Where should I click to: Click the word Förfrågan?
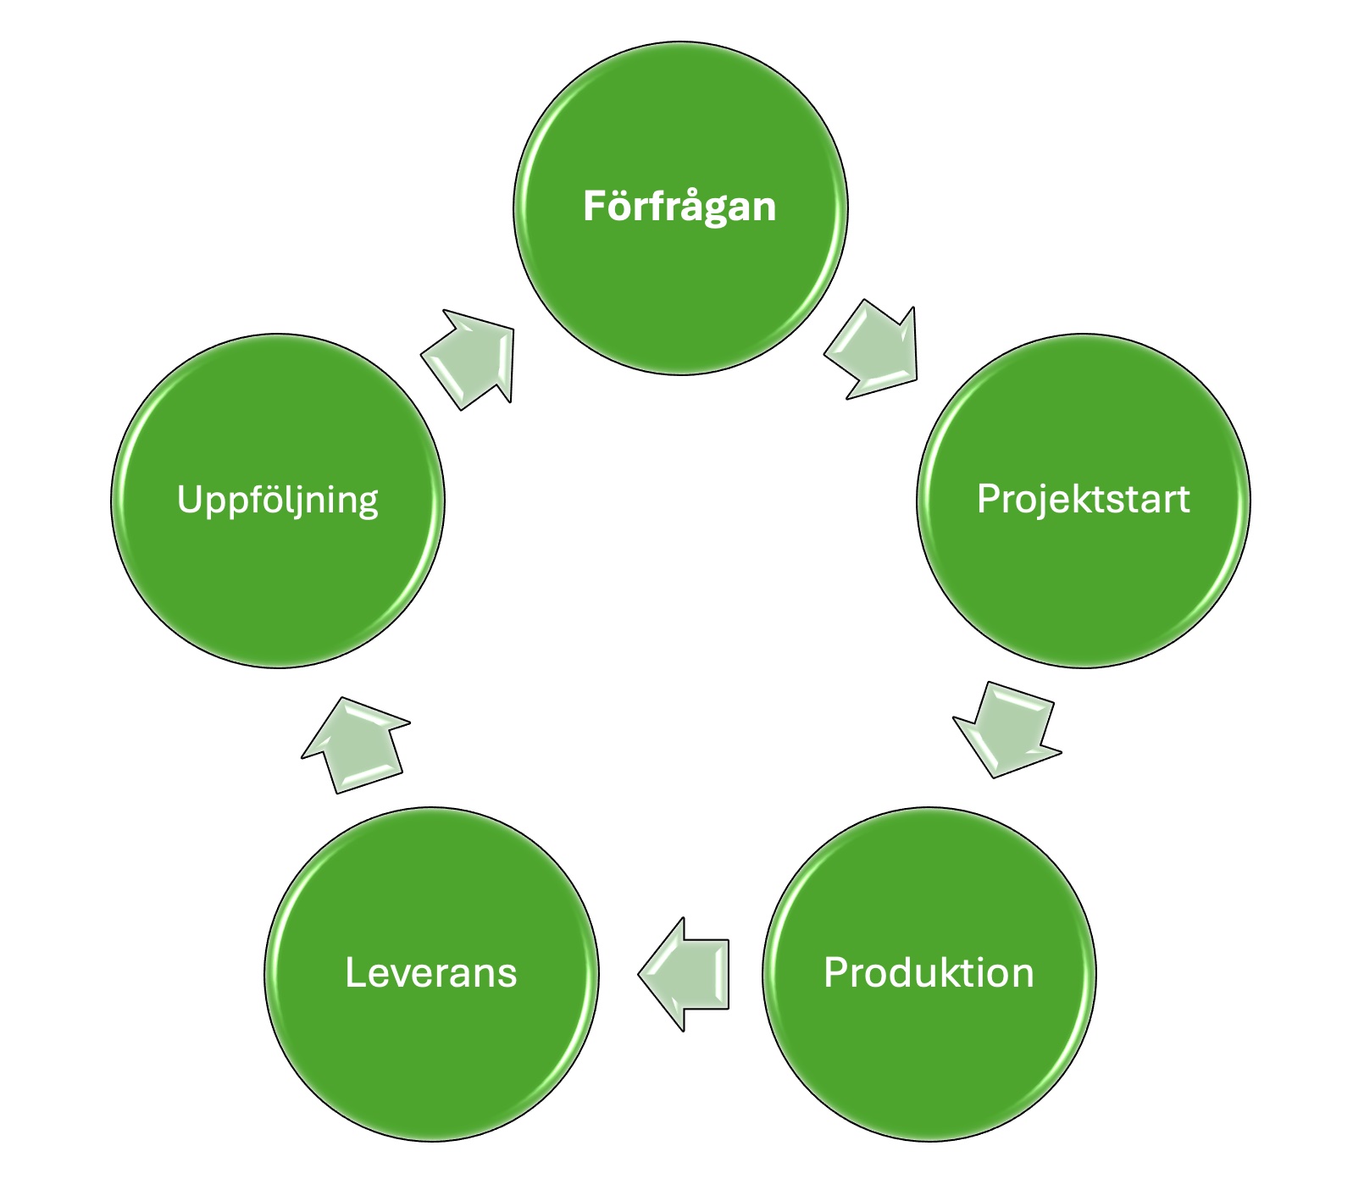[x=679, y=207]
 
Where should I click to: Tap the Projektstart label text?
[x=1083, y=499]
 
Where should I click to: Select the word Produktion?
[x=929, y=972]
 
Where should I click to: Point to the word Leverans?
[x=430, y=972]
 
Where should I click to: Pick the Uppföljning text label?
[x=277, y=500]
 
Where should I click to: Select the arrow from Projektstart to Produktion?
[x=1009, y=728]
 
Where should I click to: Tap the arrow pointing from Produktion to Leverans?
[x=685, y=974]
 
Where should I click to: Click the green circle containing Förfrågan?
[x=680, y=280]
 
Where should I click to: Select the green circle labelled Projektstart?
[x=1084, y=576]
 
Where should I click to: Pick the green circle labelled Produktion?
[x=929, y=1050]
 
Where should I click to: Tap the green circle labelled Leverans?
[x=431, y=1050]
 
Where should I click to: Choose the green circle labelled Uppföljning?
[x=278, y=576]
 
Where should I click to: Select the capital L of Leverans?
[x=355, y=972]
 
